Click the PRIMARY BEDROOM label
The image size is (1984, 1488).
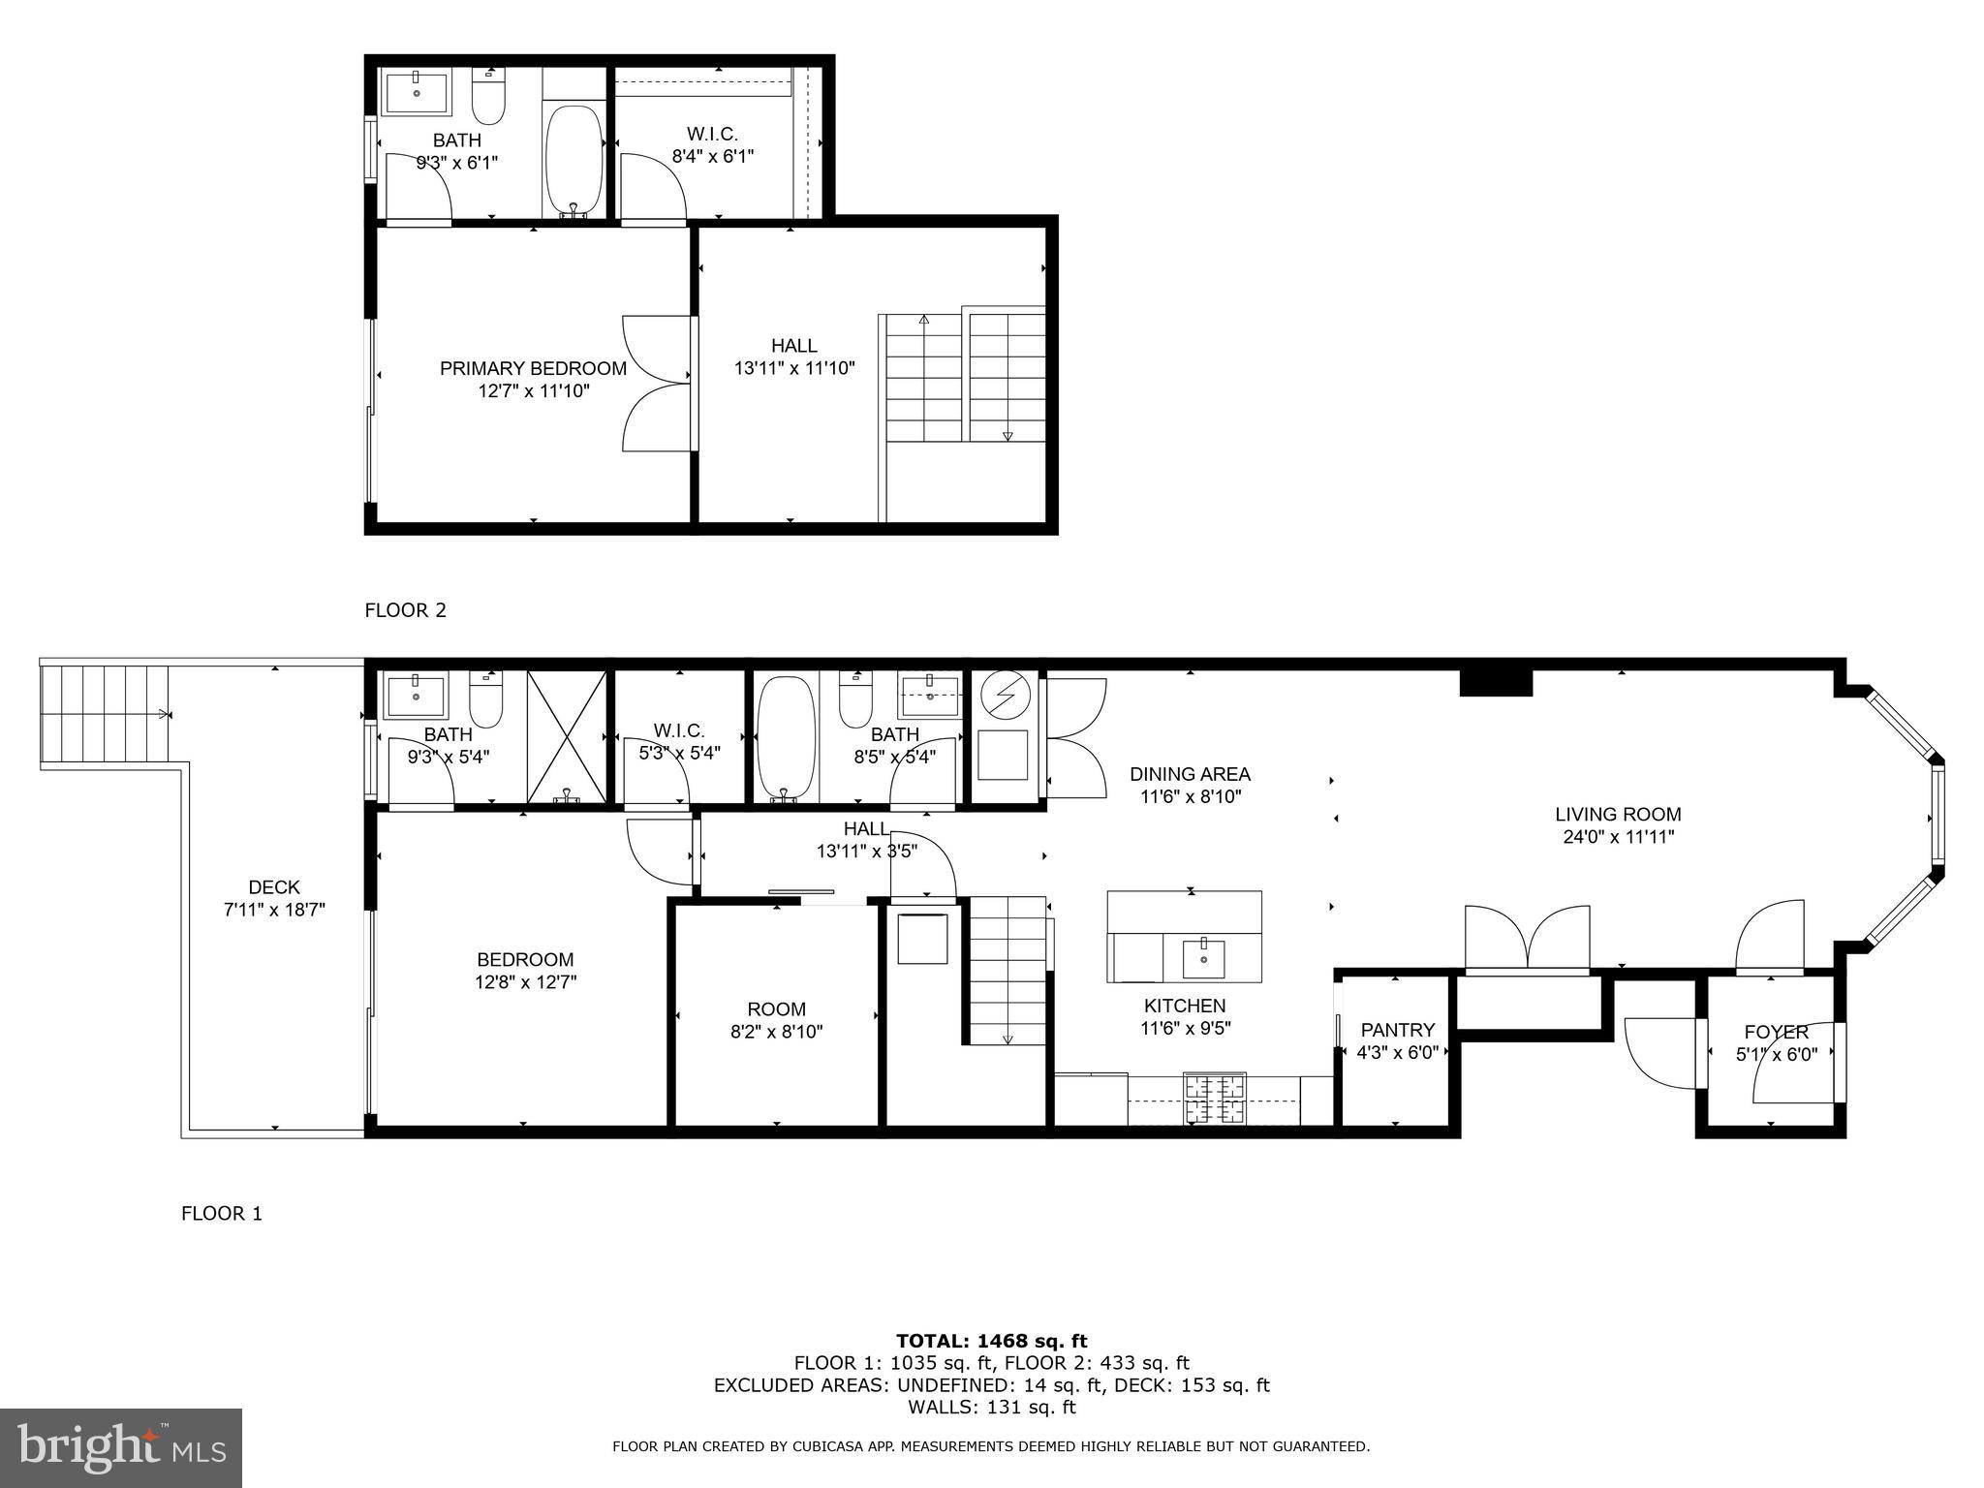(533, 368)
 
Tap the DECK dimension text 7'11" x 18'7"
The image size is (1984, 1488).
(274, 910)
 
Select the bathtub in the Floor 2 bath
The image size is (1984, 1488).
(573, 160)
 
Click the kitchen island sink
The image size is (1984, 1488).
(1203, 958)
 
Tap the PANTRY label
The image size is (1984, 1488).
(1397, 1030)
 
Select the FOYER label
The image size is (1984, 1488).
(1776, 1032)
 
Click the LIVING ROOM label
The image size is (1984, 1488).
(1618, 815)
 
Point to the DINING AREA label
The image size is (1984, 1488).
(1190, 774)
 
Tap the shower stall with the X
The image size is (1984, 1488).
(567, 736)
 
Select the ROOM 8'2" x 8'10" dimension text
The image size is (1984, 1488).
(776, 1032)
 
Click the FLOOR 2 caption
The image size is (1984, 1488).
(405, 610)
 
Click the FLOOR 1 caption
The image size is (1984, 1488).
(222, 1213)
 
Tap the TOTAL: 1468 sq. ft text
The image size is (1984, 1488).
(991, 1341)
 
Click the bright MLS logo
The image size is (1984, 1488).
(121, 1447)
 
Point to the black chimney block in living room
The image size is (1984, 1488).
(1496, 683)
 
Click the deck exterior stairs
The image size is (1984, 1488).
(105, 714)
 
